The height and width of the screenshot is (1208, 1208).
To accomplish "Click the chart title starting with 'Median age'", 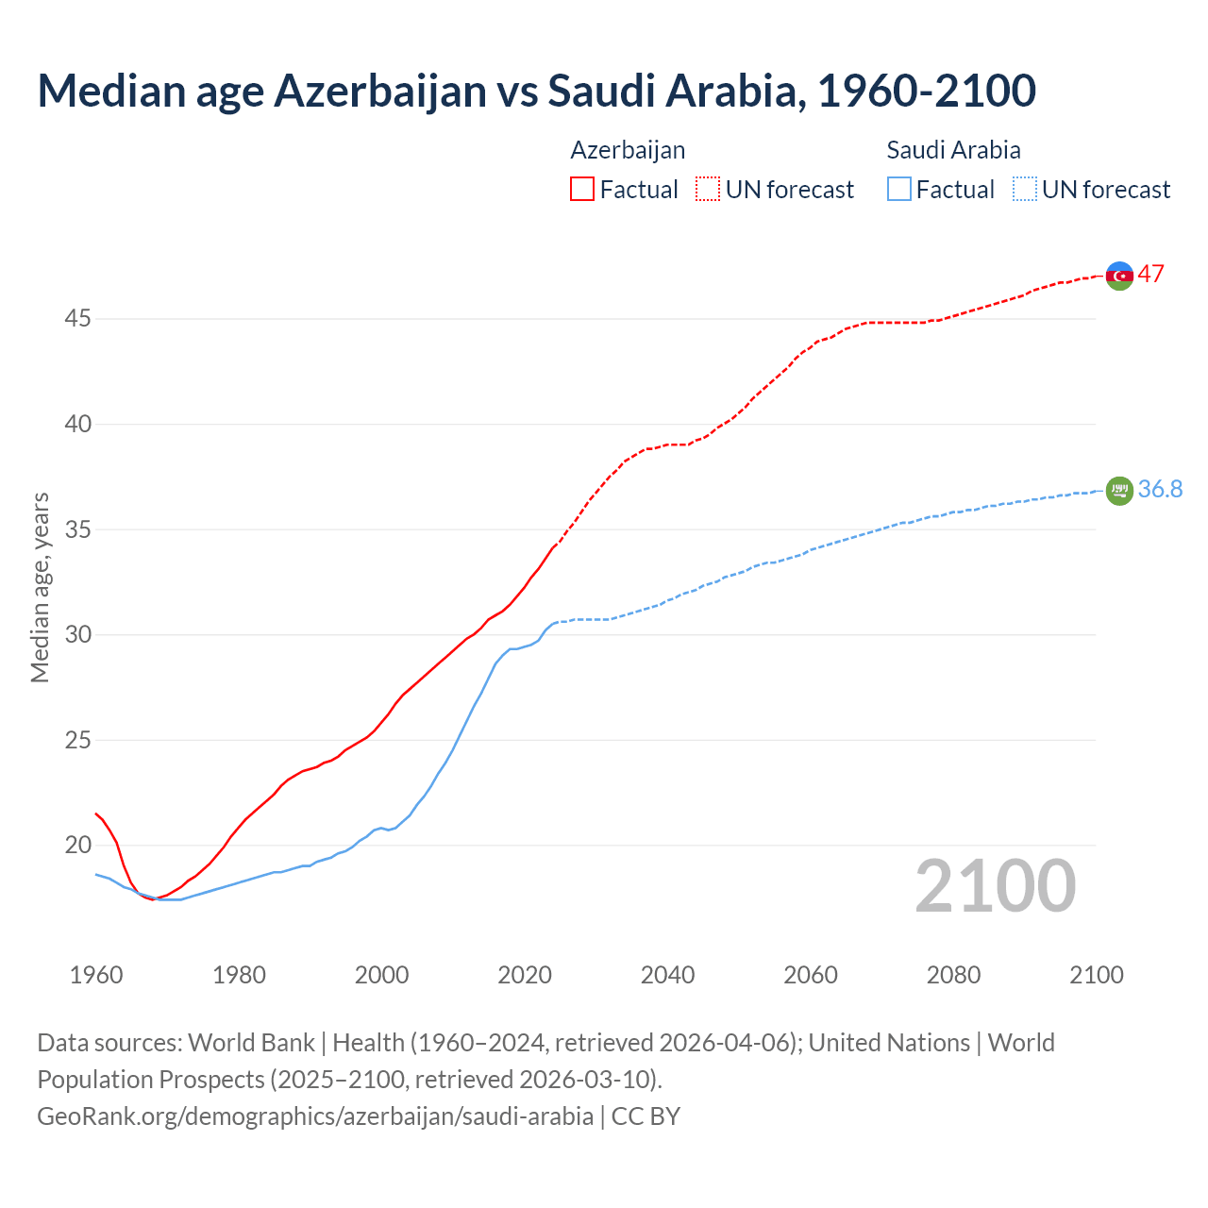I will [536, 91].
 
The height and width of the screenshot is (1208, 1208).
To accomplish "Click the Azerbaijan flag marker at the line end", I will [1118, 276].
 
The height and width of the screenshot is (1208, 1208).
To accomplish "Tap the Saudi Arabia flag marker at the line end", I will [1118, 491].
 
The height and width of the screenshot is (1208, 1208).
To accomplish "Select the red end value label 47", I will [1150, 275].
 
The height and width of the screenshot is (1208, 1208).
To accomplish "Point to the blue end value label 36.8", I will [1160, 489].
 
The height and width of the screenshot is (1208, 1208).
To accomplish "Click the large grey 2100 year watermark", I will [995, 886].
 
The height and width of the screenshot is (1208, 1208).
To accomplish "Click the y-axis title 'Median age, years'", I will [41, 587].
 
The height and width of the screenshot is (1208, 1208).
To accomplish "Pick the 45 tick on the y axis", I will [77, 319].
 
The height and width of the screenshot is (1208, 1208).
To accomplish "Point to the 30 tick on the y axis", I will [77, 635].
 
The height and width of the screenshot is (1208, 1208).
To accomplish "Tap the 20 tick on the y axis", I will [77, 846].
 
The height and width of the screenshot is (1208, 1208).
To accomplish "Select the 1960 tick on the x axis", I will [96, 975].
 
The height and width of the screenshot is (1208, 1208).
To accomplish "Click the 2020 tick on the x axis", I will [525, 975].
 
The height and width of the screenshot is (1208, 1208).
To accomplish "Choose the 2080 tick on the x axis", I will [953, 975].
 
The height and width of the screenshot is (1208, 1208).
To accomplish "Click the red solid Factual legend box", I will [582, 190].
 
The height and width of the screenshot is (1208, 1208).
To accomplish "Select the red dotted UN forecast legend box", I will [708, 190].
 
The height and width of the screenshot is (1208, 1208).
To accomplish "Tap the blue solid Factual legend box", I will [899, 190].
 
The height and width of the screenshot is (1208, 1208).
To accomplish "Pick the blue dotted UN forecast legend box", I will [1024, 190].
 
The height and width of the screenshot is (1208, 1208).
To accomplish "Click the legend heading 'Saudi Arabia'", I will [953, 150].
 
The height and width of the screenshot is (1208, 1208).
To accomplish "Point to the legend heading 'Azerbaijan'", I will [628, 150].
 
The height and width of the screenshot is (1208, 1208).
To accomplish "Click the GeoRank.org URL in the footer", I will [315, 1116].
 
